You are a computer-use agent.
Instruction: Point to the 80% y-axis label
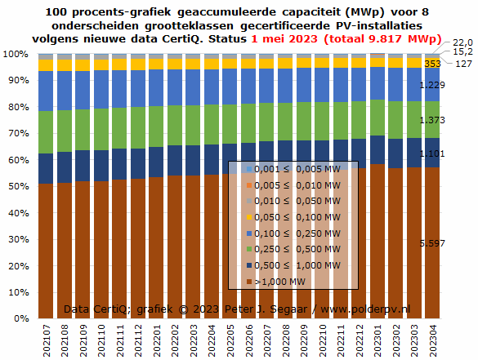[18, 107]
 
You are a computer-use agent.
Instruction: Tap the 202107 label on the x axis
[47, 340]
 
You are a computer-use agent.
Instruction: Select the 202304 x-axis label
[433, 340]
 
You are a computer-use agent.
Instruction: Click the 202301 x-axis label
[377, 340]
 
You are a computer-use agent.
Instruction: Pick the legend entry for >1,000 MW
[276, 282]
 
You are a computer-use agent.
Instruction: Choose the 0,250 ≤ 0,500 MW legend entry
[293, 249]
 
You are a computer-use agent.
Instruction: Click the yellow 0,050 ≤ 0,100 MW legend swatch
[249, 217]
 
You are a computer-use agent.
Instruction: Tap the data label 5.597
[432, 243]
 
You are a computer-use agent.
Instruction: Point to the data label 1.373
[432, 120]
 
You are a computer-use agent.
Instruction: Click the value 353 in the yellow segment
[432, 64]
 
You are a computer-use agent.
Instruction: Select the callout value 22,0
[462, 42]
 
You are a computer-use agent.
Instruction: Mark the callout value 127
[463, 64]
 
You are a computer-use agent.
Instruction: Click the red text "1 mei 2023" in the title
[284, 39]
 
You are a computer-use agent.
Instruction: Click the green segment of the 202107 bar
[46, 132]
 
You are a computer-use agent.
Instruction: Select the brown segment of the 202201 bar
[156, 247]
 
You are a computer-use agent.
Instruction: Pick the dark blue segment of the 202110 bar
[101, 166]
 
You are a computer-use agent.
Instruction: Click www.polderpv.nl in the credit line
[365, 309]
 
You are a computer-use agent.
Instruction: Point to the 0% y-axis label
[21, 318]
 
